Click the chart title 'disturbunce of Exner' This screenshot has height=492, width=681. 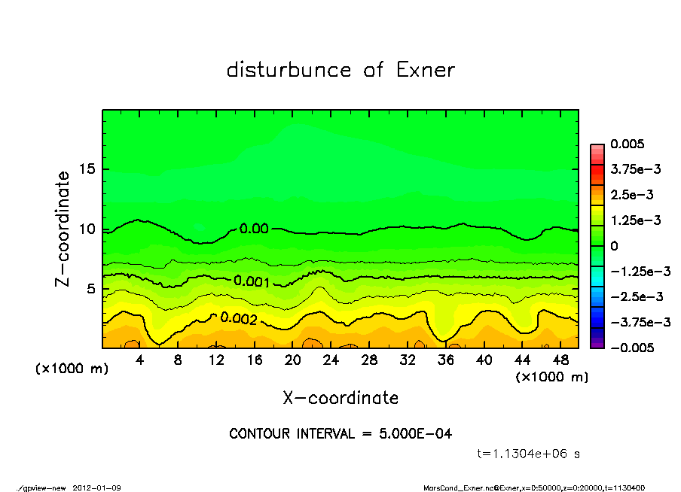tap(340, 70)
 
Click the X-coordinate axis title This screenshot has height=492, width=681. tap(340, 397)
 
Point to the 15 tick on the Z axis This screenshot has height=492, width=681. tap(86, 169)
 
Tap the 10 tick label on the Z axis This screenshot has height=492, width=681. tap(86, 229)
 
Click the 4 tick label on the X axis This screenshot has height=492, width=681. tap(140, 360)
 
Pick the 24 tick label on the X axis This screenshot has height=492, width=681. tap(331, 360)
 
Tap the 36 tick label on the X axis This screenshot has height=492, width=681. tap(445, 360)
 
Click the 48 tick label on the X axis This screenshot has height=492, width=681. tap(560, 360)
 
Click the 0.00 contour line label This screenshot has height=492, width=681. tap(254, 229)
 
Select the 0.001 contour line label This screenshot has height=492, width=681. tap(252, 281)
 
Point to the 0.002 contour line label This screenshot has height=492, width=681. tap(239, 319)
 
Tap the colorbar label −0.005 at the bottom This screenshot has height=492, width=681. tap(632, 348)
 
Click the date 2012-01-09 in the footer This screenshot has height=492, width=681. tap(97, 488)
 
